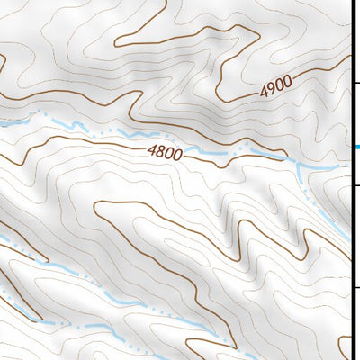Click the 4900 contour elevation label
277,87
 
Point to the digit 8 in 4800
160,152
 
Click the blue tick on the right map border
355,147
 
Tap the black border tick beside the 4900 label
355,82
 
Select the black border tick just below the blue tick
355,185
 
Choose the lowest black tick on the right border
355,288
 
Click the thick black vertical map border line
351,225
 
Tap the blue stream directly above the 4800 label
162,137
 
